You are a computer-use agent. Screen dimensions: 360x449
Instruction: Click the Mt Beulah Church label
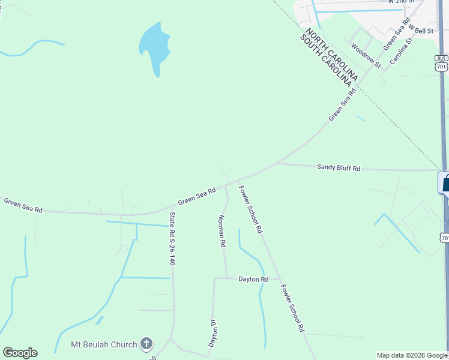coord(104,344)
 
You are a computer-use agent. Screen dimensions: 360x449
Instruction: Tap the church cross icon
coord(146,344)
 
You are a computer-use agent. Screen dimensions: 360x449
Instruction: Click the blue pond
coord(154,47)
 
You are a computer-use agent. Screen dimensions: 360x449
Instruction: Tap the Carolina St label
coord(402,52)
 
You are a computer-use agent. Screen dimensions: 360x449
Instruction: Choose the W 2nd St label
coord(402,2)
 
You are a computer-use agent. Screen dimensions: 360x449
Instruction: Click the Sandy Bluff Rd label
coord(339,168)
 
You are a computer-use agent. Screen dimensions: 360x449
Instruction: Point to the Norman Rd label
coord(221,231)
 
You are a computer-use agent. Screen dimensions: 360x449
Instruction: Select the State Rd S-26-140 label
coord(172,239)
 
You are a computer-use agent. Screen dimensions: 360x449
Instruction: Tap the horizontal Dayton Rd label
coord(253,279)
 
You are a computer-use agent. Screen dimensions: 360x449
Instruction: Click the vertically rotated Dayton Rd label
coord(212,333)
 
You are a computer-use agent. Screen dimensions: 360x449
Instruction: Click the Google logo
coord(20,353)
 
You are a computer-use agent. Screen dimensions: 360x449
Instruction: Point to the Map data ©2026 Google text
coord(412,355)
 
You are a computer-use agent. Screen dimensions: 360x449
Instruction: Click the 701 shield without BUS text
coord(444,238)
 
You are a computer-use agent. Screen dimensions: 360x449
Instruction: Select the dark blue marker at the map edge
coord(445,182)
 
